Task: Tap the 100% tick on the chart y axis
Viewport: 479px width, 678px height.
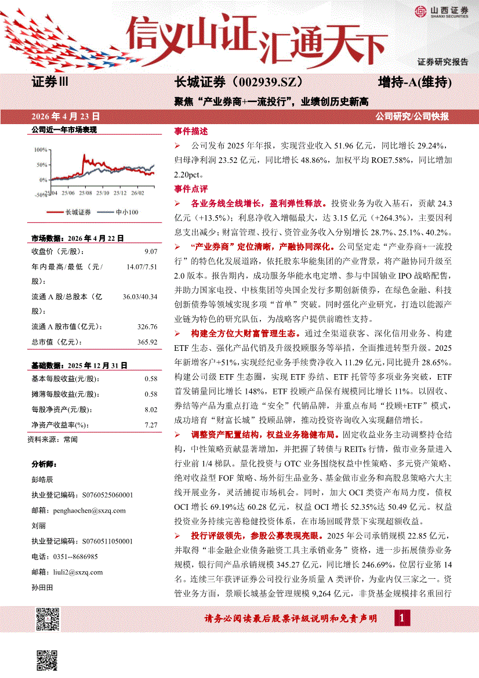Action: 41,149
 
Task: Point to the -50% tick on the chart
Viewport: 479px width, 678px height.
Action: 40,195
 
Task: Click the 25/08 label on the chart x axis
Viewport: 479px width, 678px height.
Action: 85,191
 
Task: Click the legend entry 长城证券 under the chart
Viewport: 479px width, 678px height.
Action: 78,212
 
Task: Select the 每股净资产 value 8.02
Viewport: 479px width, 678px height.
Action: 151,409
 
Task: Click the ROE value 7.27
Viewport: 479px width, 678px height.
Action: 151,425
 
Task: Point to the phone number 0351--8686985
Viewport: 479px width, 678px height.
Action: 74,556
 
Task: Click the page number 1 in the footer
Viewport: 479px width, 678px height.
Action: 401,618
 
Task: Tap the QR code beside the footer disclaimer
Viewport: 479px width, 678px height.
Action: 48,619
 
